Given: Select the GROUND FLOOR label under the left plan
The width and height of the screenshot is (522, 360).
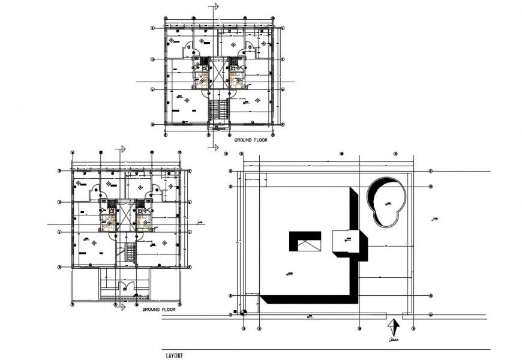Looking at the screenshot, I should coord(159,310).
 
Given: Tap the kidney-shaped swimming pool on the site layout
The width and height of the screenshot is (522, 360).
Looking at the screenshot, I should coord(385,203).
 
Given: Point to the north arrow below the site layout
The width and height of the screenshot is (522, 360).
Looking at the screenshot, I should coord(393,327).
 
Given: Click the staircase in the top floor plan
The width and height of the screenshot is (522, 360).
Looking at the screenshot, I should coord(219,111).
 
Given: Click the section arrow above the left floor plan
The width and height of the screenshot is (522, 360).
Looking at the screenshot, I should coord(122,149).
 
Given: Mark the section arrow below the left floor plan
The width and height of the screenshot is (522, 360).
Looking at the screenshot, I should coord(122,307).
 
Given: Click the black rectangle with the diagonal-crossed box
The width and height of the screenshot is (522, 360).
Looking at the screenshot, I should coord(306,242).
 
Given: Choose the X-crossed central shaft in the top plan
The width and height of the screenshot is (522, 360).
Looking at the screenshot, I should coord(219,75).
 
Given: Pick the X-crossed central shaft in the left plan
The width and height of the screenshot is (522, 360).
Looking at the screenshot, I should coord(127,218).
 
